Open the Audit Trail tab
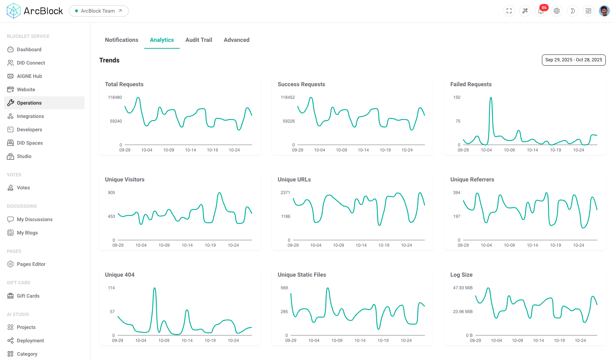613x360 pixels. click(x=198, y=40)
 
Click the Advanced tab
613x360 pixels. click(x=236, y=40)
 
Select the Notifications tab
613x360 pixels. click(x=122, y=40)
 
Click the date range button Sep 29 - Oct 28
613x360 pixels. click(x=573, y=60)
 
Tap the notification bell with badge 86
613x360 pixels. click(x=540, y=11)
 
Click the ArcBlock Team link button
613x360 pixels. click(x=98, y=11)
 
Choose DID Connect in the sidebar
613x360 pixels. click(x=31, y=63)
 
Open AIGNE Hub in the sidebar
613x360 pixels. click(x=29, y=76)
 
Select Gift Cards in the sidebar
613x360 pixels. click(x=28, y=296)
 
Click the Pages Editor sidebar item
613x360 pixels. click(x=31, y=264)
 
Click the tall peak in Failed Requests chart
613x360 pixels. click(x=491, y=98)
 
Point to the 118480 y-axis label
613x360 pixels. click(x=115, y=97)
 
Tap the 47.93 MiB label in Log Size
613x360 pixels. click(x=463, y=288)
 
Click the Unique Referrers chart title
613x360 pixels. click(x=472, y=180)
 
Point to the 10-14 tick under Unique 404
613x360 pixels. click(x=187, y=341)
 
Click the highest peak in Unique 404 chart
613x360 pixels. click(x=154, y=288)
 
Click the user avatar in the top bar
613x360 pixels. click(x=604, y=11)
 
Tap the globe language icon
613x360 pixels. click(x=557, y=11)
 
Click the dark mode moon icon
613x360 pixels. click(x=573, y=11)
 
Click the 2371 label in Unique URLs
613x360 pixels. click(x=285, y=193)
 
